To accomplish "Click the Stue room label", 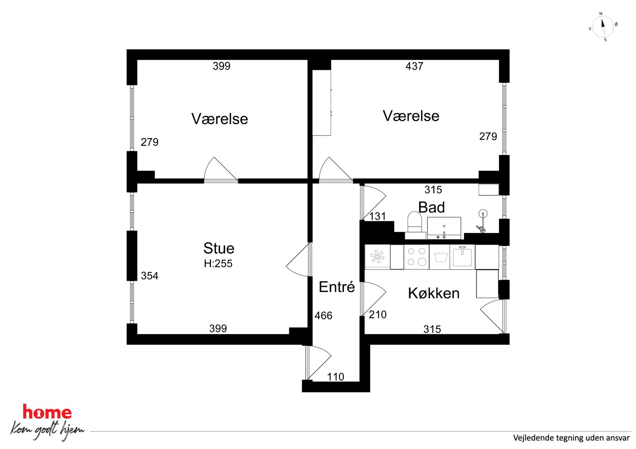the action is coord(219,248).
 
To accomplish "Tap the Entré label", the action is coord(337,286).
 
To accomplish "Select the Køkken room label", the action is coord(434,293).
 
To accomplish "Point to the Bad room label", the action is coord(431,207).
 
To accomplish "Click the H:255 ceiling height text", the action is coord(218,263).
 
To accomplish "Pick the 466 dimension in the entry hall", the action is coord(323,316).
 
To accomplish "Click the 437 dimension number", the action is coord(414,66).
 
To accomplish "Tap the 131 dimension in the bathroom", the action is coord(377,216).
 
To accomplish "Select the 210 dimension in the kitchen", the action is coord(378,315).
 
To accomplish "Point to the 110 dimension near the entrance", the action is coord(336,377).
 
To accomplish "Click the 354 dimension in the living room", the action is coord(149,276).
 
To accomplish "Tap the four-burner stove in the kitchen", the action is coord(416,257).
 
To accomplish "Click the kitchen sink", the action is coord(462,257).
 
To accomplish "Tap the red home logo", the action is coord(47,412).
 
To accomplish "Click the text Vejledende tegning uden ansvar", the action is coord(571,438).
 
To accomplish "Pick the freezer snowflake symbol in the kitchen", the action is coord(377,257).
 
